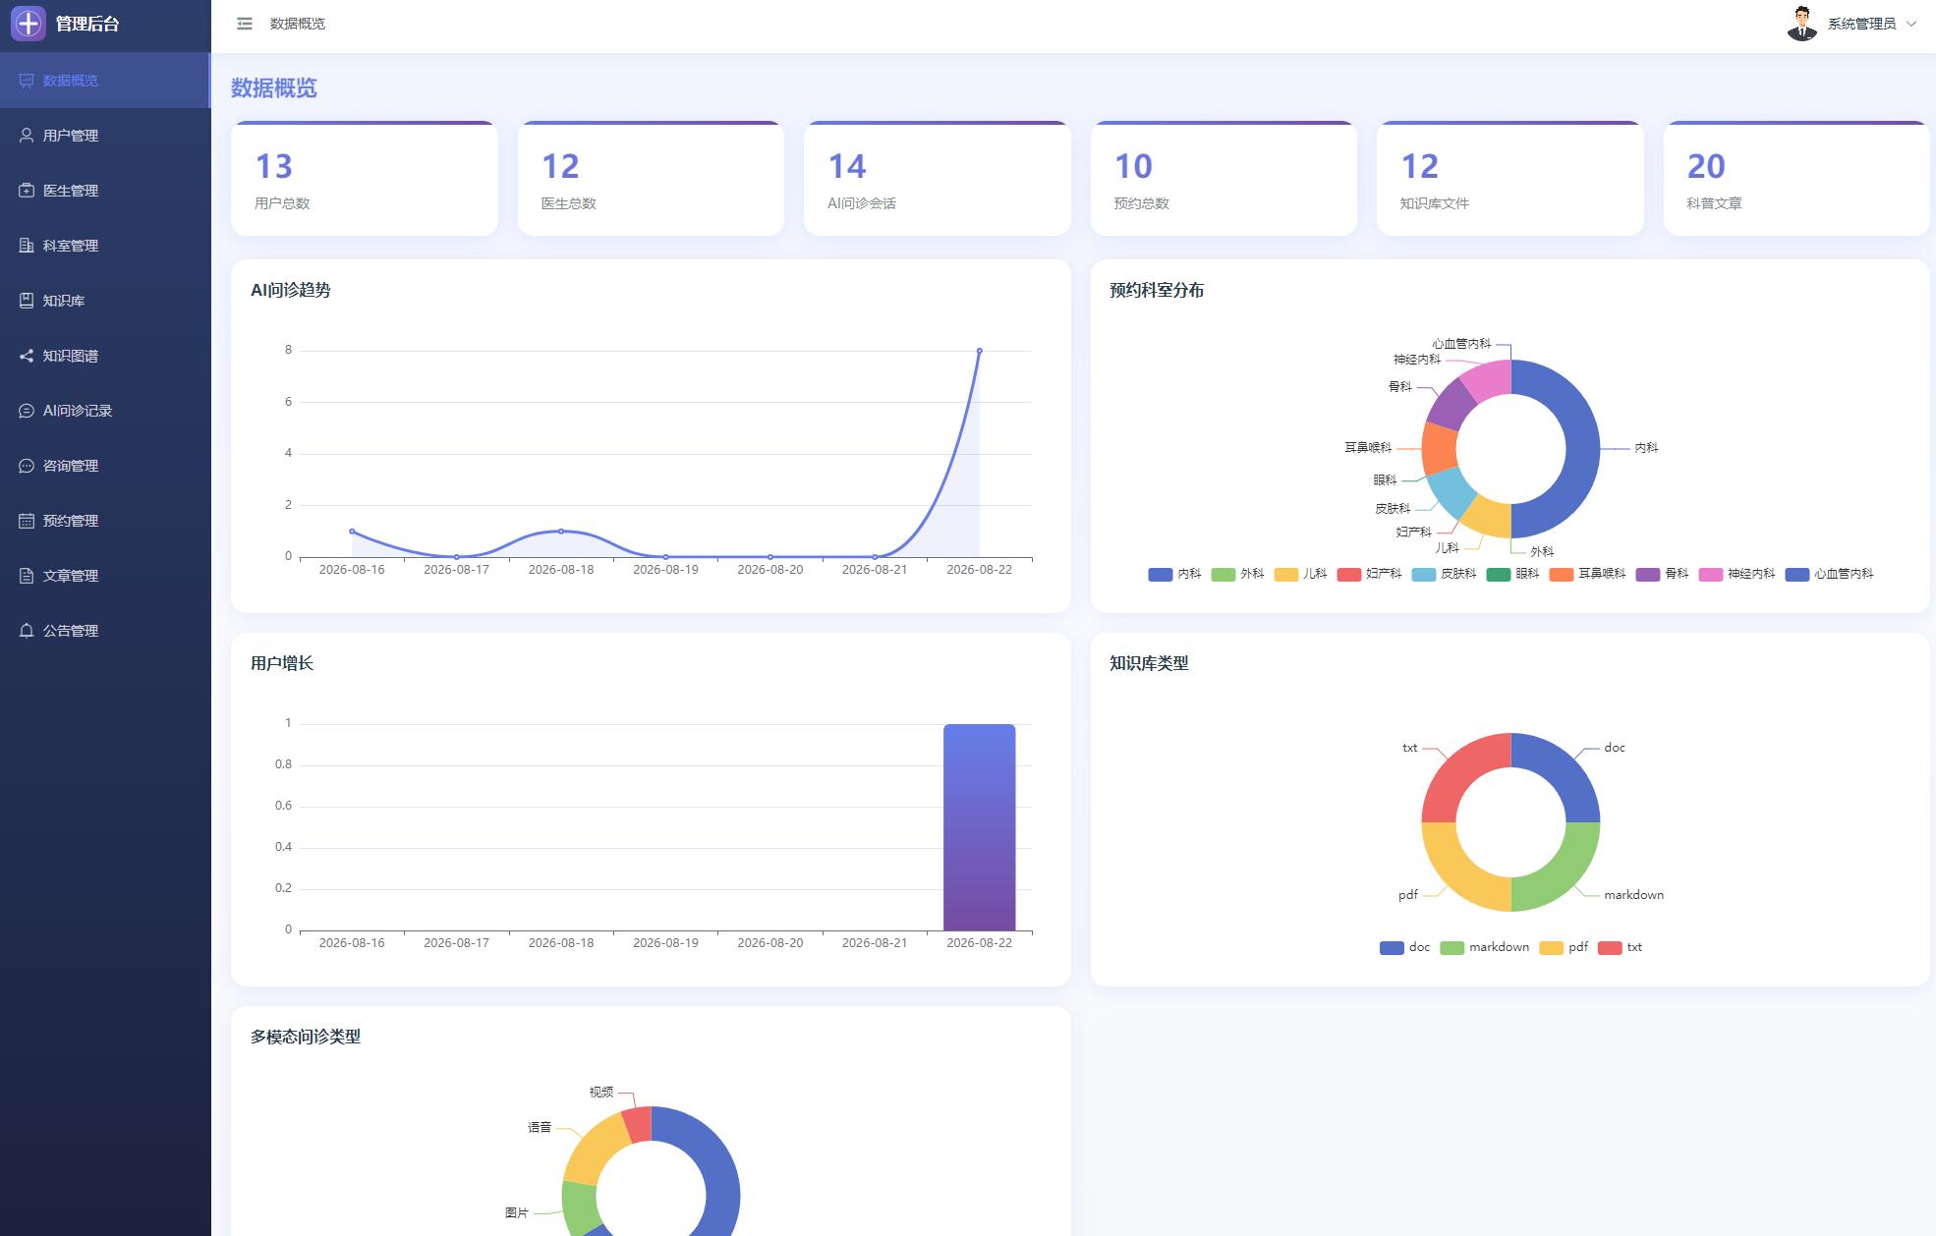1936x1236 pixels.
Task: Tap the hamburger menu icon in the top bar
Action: pos(245,24)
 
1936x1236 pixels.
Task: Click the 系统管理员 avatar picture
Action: pos(1801,24)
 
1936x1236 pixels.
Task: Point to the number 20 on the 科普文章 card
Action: pos(1706,166)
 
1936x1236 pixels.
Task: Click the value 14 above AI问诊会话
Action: pos(847,166)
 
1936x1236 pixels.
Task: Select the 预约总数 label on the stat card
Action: pos(1141,203)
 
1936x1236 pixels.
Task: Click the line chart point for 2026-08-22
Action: pos(979,351)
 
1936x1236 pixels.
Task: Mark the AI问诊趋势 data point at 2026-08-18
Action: pos(561,532)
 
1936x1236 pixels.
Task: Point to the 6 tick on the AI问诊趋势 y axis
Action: pos(288,402)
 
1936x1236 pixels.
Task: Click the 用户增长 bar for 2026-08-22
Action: pos(979,827)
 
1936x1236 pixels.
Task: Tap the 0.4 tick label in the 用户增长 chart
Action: pos(283,847)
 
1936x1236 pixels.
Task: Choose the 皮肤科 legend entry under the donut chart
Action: pos(1444,574)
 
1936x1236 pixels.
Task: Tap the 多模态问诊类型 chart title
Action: pos(306,1037)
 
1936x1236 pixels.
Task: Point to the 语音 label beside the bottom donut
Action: pos(540,1127)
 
